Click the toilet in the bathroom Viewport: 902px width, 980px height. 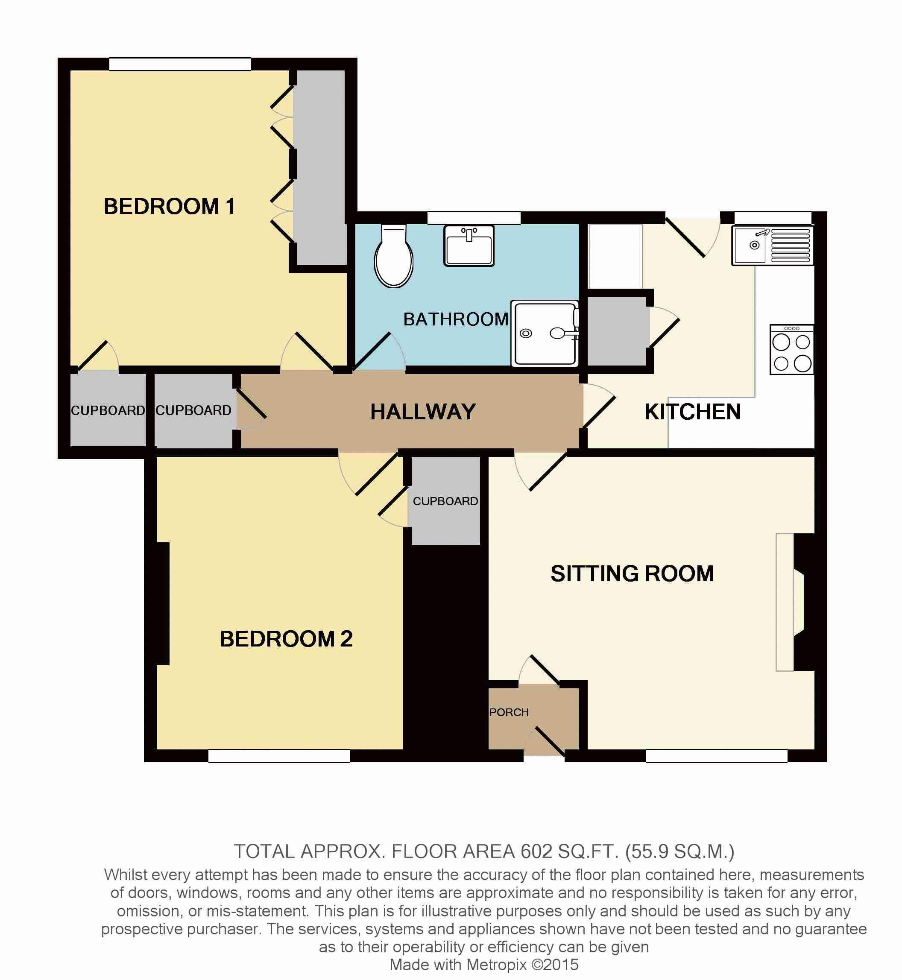coord(393,256)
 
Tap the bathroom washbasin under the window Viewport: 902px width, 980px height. coord(469,245)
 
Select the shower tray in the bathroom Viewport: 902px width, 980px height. coord(545,333)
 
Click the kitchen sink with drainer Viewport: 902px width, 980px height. coord(772,245)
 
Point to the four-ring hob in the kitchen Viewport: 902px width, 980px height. coord(791,349)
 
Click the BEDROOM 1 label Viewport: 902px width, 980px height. coord(170,206)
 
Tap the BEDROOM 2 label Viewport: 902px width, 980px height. coord(286,639)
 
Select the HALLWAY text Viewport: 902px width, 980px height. coord(423,412)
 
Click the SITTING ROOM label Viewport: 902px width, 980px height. coord(632,573)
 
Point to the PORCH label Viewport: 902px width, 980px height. coord(509,713)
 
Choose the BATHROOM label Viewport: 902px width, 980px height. coord(456,319)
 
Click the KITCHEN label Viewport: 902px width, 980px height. coord(693,412)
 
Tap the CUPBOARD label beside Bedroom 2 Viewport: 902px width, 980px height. coord(445,501)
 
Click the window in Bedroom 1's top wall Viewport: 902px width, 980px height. coord(180,64)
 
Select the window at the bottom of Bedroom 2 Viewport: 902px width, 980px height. coord(279,756)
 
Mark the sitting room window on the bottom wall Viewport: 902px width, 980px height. coord(717,756)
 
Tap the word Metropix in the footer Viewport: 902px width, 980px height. coord(497,965)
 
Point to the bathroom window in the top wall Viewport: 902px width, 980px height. coord(474,218)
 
